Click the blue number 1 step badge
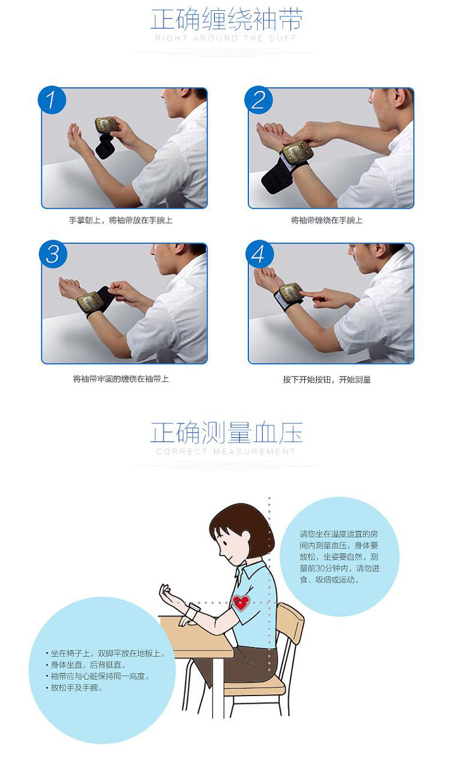pyautogui.click(x=52, y=100)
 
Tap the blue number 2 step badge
pyautogui.click(x=259, y=100)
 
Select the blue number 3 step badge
pyautogui.click(x=53, y=254)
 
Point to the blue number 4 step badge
pyautogui.click(x=260, y=254)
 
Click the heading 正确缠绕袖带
pyautogui.click(x=227, y=19)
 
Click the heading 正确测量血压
pyautogui.click(x=227, y=433)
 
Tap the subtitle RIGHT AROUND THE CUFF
pyautogui.click(x=226, y=38)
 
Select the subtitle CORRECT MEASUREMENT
pyautogui.click(x=226, y=451)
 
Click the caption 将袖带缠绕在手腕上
pyautogui.click(x=327, y=220)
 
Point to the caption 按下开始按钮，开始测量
pyautogui.click(x=327, y=380)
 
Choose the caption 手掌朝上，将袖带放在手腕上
pyautogui.click(x=120, y=220)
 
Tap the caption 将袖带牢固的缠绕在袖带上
pyautogui.click(x=120, y=379)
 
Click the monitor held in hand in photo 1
pyautogui.click(x=107, y=125)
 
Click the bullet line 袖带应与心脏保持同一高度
pyautogui.click(x=97, y=676)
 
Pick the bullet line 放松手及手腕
pyautogui.click(x=74, y=688)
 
